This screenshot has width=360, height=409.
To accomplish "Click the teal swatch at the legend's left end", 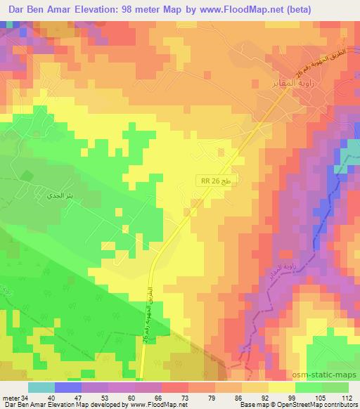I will (x=41, y=387).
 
